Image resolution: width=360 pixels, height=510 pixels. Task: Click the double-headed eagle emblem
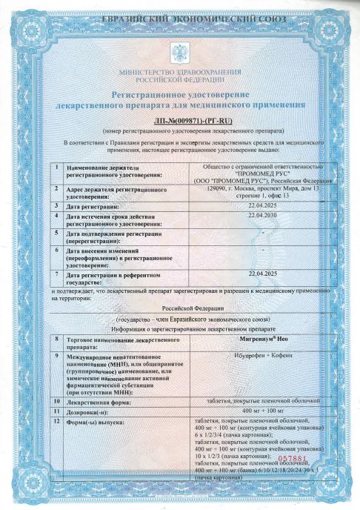(x=179, y=53)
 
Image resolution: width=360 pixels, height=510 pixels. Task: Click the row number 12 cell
(x=57, y=421)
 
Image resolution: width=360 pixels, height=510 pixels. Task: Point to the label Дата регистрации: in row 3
(x=99, y=206)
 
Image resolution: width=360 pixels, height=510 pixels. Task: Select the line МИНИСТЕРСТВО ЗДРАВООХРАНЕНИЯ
(x=180, y=71)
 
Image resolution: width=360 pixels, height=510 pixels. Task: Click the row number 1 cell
(x=57, y=168)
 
